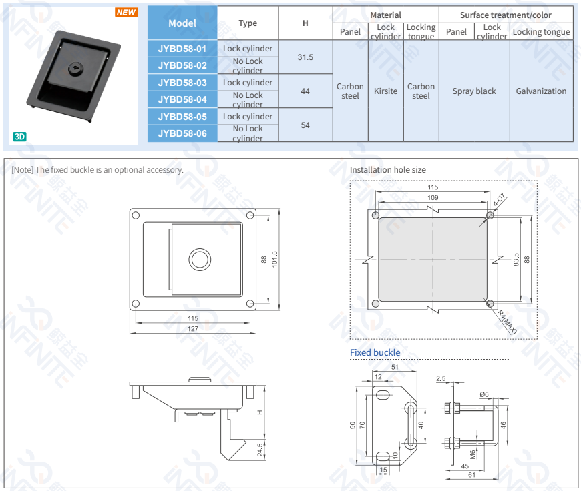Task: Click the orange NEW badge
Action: tap(126, 13)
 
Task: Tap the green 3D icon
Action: tap(19, 137)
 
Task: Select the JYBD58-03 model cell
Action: tap(182, 83)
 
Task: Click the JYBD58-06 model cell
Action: tap(182, 133)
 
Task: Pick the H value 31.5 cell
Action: tap(305, 57)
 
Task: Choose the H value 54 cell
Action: tap(305, 125)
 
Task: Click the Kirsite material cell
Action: tap(385, 91)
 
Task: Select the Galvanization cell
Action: tap(541, 91)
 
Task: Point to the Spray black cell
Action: tap(474, 91)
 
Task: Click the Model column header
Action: tap(182, 23)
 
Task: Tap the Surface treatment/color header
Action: tap(506, 15)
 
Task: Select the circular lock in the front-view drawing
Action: tap(199, 260)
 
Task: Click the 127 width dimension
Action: tap(193, 328)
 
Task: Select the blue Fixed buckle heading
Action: tap(375, 352)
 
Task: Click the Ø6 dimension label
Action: tap(484, 394)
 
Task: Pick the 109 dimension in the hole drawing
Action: tap(433, 198)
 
